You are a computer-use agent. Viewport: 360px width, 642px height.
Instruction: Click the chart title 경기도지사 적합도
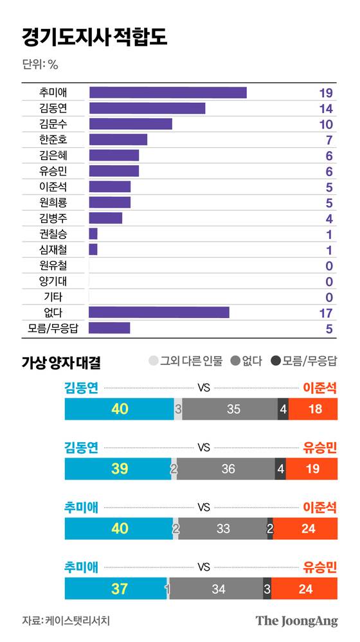[x=94, y=37]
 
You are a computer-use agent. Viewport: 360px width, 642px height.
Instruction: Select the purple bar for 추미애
[x=168, y=93]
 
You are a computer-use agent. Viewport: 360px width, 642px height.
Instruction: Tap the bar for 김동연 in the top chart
[x=147, y=108]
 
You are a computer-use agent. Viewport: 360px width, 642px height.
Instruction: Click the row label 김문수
[x=53, y=124]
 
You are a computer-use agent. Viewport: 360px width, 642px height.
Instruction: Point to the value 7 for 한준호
[x=328, y=140]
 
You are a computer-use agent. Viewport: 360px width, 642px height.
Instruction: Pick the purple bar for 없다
[x=159, y=312]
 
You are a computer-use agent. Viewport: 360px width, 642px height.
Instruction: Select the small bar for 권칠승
[x=93, y=234]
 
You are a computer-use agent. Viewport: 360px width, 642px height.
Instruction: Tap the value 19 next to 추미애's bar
[x=325, y=93]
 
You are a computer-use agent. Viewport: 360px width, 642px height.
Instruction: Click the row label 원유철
[x=53, y=265]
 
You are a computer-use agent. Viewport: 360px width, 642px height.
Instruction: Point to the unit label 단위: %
[x=40, y=64]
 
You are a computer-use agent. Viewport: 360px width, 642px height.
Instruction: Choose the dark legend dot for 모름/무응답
[x=276, y=362]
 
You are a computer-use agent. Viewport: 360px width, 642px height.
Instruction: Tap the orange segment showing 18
[x=313, y=409]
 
